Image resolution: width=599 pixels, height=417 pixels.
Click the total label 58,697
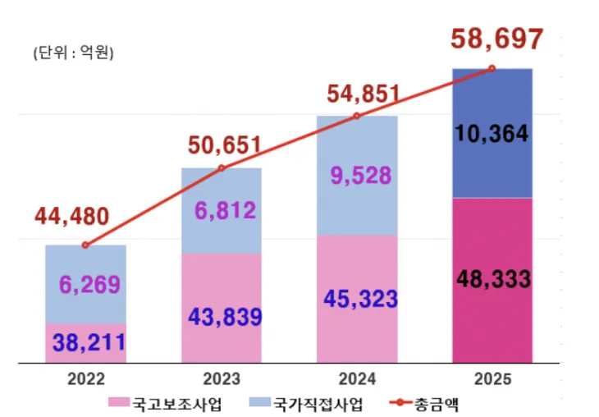coord(496,38)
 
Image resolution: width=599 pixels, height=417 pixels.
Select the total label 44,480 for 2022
coord(71,217)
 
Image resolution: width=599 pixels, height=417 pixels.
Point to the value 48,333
coord(492,278)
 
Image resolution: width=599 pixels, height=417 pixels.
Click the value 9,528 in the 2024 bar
coord(355,174)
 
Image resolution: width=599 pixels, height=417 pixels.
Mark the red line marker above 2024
coord(356,116)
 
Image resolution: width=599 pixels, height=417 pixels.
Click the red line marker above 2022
coord(85,245)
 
